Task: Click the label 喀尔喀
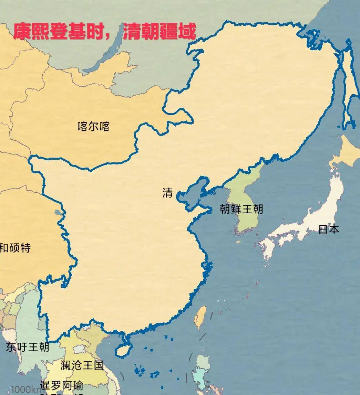[93, 127]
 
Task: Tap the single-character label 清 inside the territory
[167, 193]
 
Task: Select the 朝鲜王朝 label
[241, 209]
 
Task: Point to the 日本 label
[329, 229]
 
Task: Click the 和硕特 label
[16, 248]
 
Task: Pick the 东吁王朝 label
[28, 347]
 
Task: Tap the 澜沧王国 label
[82, 365]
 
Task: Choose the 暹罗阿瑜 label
[61, 385]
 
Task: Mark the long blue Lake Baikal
[103, 52]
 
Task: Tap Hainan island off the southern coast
[123, 349]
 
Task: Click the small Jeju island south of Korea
[238, 242]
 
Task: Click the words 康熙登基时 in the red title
[60, 32]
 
